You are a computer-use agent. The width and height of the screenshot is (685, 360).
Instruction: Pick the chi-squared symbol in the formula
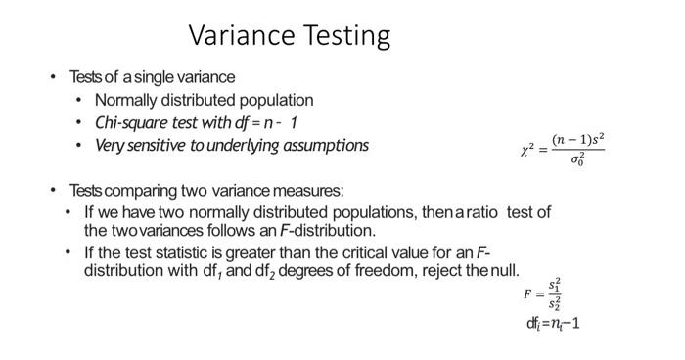[528, 151]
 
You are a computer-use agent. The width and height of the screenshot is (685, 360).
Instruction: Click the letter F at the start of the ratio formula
[528, 293]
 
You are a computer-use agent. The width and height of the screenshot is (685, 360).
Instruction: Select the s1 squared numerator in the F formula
[555, 285]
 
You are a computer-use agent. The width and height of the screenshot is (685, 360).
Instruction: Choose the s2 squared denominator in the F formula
[555, 304]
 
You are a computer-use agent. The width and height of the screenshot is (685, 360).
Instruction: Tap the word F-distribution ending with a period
[328, 231]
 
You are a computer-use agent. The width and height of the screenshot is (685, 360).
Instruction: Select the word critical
[365, 252]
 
